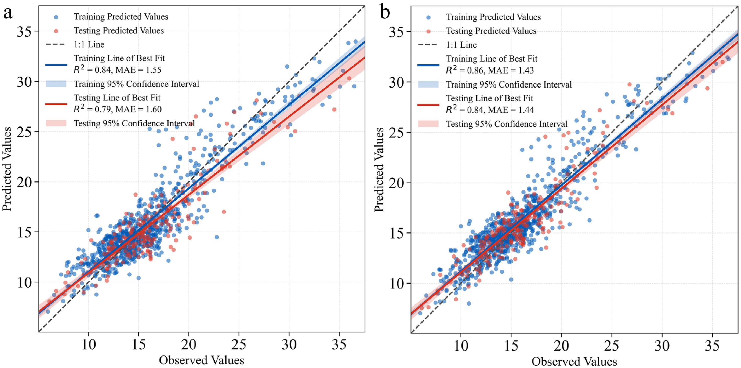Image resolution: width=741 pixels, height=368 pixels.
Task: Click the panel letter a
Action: point(8,13)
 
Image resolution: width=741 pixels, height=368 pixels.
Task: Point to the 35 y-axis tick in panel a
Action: point(24,31)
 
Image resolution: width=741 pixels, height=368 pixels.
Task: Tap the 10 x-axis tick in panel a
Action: point(88,344)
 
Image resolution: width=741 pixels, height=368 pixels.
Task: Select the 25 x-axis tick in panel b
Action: point(612,345)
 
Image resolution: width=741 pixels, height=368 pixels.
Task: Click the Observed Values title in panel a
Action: point(201,360)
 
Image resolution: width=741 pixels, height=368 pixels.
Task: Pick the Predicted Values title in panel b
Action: point(379,170)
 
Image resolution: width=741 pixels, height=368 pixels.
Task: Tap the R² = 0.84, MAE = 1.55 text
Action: point(117,70)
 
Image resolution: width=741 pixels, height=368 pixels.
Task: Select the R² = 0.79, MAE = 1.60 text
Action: point(117,109)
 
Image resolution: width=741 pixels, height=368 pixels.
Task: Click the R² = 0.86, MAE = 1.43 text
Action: point(490,70)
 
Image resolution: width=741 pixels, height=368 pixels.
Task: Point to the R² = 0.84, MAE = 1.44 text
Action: point(490,110)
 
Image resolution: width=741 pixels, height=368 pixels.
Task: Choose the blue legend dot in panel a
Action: point(56,17)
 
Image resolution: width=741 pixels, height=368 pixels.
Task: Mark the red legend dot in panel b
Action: point(428,31)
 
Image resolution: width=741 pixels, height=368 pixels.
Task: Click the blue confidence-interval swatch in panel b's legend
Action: point(428,84)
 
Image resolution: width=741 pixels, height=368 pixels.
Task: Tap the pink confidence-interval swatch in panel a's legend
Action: point(56,123)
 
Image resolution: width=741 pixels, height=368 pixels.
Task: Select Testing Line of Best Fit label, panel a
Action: point(117,98)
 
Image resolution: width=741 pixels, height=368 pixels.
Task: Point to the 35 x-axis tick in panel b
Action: point(712,345)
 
